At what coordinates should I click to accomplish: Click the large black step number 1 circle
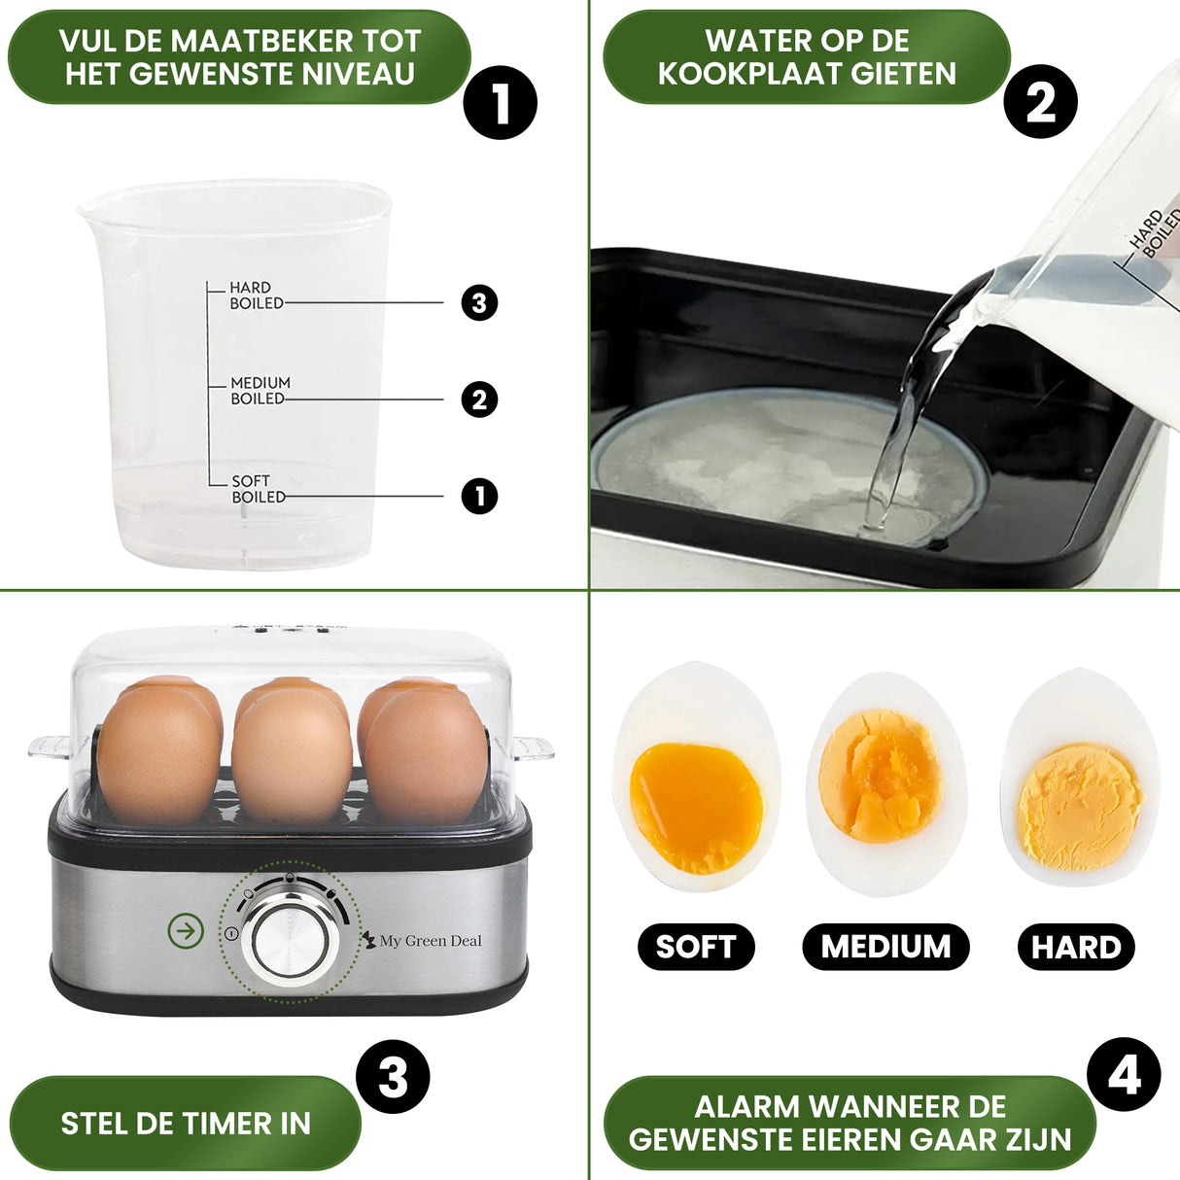500,102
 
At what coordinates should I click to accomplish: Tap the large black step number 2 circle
1040,101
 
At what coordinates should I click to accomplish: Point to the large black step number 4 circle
1124,1075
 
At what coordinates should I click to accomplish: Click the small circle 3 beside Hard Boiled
479,302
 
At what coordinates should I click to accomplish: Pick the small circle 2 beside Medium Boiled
479,399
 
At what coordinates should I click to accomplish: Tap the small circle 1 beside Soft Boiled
479,496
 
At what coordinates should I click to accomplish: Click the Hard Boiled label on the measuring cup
256,295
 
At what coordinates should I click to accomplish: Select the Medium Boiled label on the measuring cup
260,391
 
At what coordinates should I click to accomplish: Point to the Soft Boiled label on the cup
258,489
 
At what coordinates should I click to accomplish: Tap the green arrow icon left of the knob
186,931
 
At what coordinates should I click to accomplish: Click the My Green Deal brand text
430,941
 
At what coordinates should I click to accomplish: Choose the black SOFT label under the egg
696,947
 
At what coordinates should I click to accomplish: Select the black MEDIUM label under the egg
885,947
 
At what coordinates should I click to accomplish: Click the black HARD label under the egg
1076,948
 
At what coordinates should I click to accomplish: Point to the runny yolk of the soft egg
696,806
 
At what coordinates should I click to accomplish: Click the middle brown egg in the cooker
292,753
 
